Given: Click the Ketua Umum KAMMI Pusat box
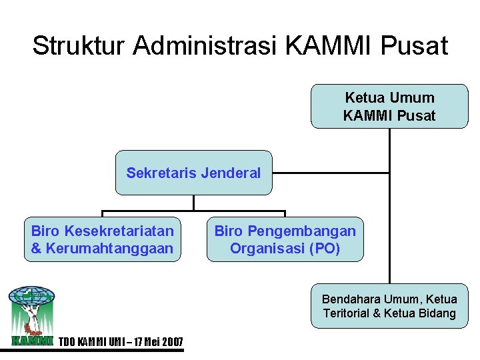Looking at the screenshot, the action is click(389, 106).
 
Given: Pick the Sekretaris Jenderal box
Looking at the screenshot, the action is click(193, 173).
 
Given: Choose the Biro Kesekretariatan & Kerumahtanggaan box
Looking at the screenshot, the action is click(102, 239).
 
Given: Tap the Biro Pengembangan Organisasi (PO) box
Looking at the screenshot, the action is click(285, 239).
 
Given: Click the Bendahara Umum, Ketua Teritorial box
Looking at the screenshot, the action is click(389, 306).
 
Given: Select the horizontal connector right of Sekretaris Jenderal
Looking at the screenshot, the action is click(331, 173).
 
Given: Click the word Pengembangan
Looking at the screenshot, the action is click(302, 231).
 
